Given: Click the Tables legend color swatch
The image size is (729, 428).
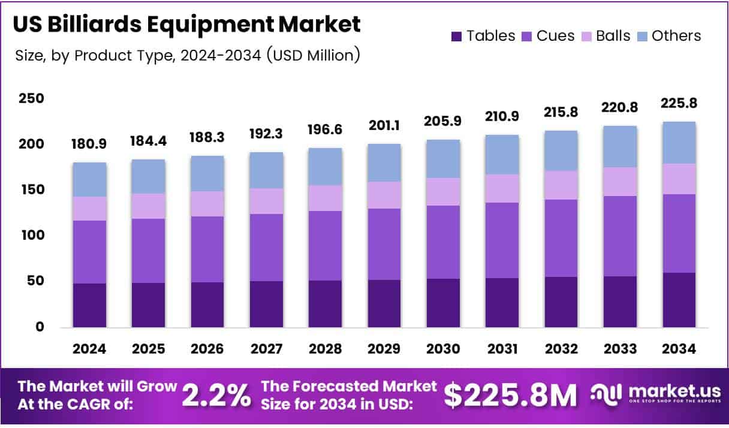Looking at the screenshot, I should tap(457, 36).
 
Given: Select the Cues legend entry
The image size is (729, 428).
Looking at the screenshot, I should tap(548, 36).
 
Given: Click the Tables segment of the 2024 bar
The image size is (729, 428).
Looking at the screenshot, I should tap(89, 305).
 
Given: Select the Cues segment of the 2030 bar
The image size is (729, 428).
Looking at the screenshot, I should tap(443, 242).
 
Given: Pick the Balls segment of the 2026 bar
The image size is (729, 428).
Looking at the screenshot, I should tap(207, 204).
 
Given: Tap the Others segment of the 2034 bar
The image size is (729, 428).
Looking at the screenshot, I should tap(679, 143).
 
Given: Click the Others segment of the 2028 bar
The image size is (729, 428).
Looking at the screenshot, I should tap(326, 167).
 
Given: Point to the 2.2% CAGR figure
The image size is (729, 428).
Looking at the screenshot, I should tap(216, 396).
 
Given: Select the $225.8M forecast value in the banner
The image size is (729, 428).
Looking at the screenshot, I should tap(510, 396).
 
